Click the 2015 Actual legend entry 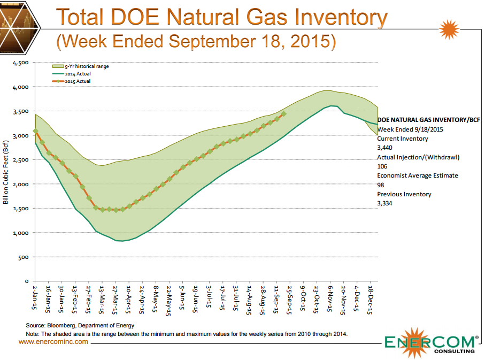point(78,81)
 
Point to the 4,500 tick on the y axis point(20,63)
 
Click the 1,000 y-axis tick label point(20,233)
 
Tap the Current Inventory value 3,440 point(385,148)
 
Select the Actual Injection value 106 point(382,166)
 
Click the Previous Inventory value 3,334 point(385,203)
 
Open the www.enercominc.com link point(53,341)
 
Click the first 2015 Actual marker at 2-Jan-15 point(35,131)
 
